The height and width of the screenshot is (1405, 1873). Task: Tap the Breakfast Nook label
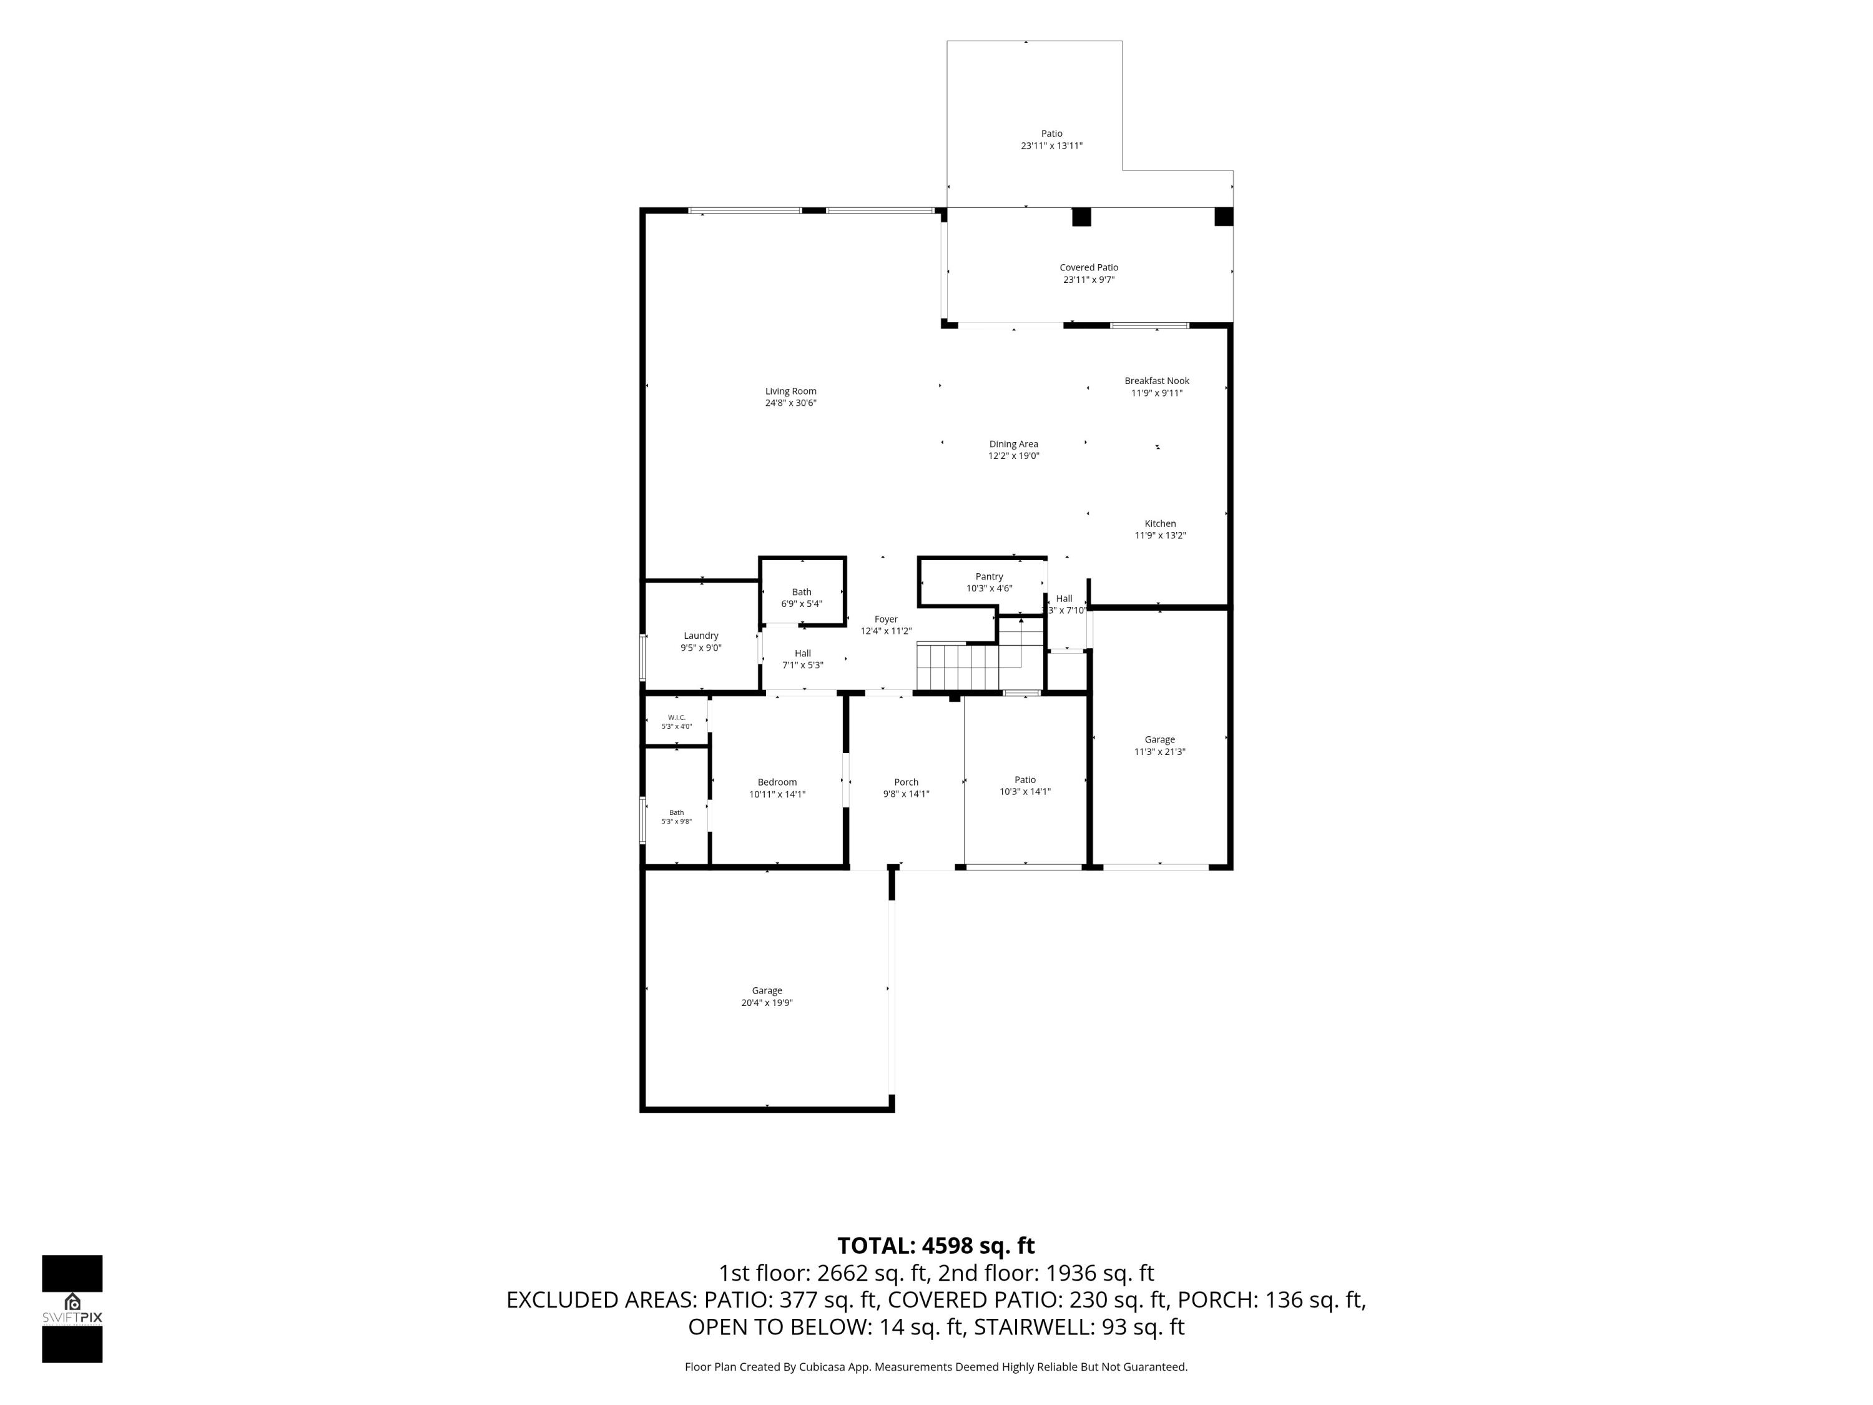(1157, 381)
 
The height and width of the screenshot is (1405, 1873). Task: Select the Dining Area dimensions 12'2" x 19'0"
(1013, 456)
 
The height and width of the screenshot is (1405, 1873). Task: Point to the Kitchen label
(1160, 523)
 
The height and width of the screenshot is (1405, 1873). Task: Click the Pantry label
(989, 577)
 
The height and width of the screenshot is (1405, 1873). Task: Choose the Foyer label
(886, 619)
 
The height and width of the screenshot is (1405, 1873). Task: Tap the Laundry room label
(701, 636)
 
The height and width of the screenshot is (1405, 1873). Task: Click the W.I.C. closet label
(677, 717)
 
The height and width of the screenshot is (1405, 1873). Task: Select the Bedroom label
(777, 782)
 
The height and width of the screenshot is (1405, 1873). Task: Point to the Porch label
(906, 782)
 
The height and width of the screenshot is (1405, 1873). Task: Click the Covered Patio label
(1089, 268)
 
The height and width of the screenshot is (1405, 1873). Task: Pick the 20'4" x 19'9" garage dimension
(767, 1003)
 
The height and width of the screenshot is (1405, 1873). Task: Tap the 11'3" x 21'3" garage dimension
(1160, 752)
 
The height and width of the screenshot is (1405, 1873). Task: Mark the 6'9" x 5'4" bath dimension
(802, 604)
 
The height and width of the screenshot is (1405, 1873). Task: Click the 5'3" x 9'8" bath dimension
(677, 822)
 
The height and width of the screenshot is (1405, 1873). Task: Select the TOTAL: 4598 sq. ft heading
(936, 1246)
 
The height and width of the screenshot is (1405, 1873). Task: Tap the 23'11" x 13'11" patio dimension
(1051, 145)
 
